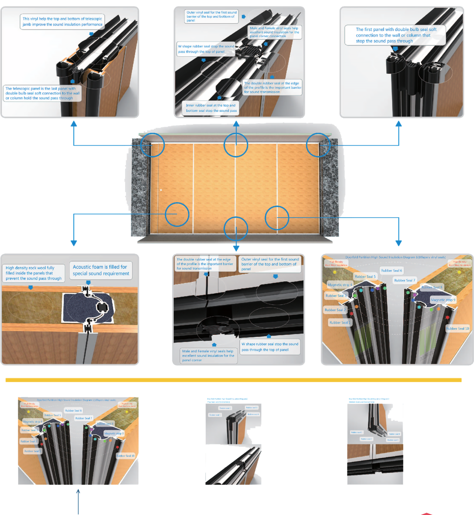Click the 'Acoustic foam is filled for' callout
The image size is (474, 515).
pos(101,270)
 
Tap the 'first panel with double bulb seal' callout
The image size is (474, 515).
pos(395,35)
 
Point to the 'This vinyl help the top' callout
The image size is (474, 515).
pos(62,21)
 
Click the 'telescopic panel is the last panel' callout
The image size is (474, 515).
pos(42,93)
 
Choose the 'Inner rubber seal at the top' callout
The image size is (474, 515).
pos(211,108)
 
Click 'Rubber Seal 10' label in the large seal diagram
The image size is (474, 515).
pos(457,329)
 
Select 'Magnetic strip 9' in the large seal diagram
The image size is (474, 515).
pos(443,300)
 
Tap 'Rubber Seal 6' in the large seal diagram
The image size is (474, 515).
pos(391,270)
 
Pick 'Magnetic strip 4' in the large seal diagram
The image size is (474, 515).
pos(340,285)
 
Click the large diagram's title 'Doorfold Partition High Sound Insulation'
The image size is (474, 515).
pos(395,257)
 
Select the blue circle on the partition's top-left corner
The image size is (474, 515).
pos(153,145)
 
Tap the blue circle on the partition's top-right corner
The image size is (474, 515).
pos(318,145)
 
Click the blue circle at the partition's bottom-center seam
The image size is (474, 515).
pos(236,229)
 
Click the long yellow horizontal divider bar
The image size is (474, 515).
pos(233,380)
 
